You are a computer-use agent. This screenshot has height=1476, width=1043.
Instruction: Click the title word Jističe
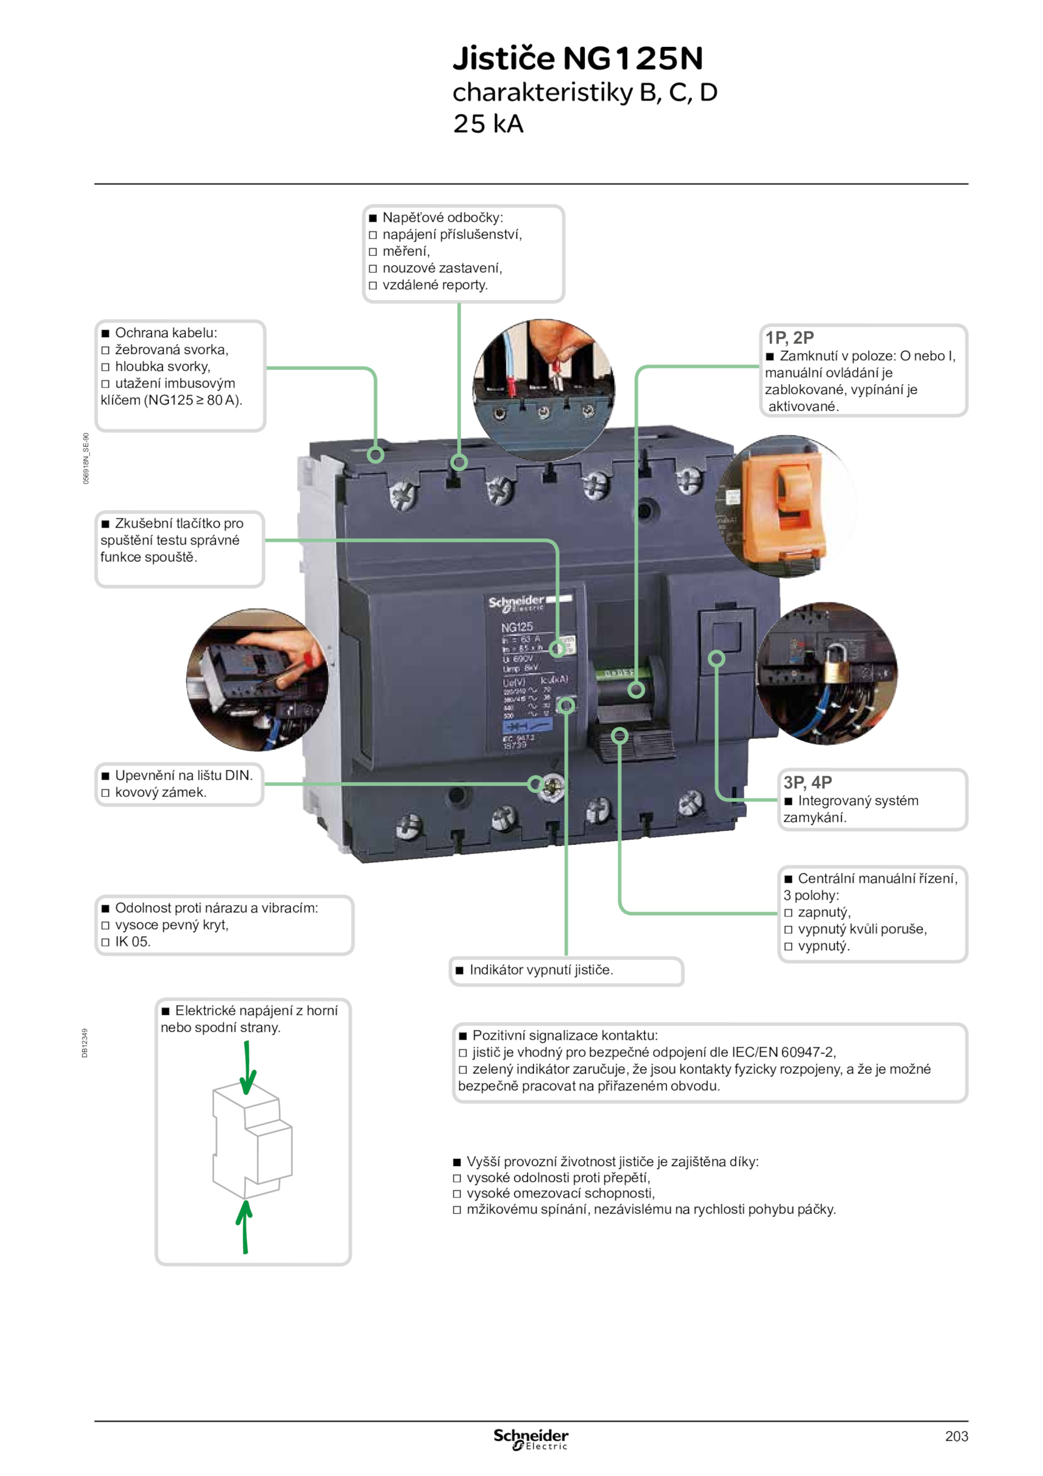coord(503,58)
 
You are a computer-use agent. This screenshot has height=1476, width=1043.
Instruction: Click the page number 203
coord(956,1436)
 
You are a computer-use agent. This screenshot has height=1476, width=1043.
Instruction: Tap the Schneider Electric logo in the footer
coord(530,1439)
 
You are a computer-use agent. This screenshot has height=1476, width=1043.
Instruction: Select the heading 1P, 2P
coord(789,337)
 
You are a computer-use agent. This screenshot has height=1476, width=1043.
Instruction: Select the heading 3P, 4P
coord(807,782)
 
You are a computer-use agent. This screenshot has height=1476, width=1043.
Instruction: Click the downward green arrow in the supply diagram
coord(247,1067)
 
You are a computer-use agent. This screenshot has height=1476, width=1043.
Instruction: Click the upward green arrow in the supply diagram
coord(244,1226)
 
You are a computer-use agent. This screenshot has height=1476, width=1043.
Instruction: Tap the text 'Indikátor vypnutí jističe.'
coord(541,970)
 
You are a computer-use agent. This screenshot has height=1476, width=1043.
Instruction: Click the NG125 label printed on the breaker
coord(516,627)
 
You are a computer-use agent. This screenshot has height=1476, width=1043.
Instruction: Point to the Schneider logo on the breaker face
coord(516,602)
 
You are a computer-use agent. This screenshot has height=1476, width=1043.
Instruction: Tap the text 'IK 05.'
coord(132,941)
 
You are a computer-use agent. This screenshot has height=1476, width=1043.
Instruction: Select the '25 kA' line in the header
coord(488,124)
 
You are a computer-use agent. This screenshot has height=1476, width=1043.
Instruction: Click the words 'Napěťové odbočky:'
coord(443,217)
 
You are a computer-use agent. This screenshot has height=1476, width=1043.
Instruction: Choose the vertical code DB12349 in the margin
coord(85,1042)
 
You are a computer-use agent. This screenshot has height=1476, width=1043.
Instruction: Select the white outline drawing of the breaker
coord(252,1141)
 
